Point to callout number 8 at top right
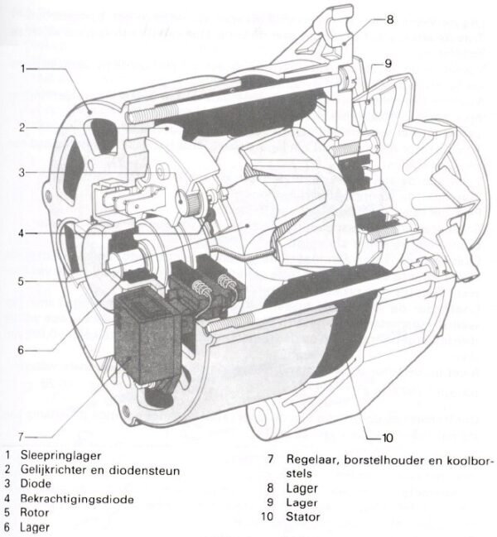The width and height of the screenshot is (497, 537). click(x=390, y=18)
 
